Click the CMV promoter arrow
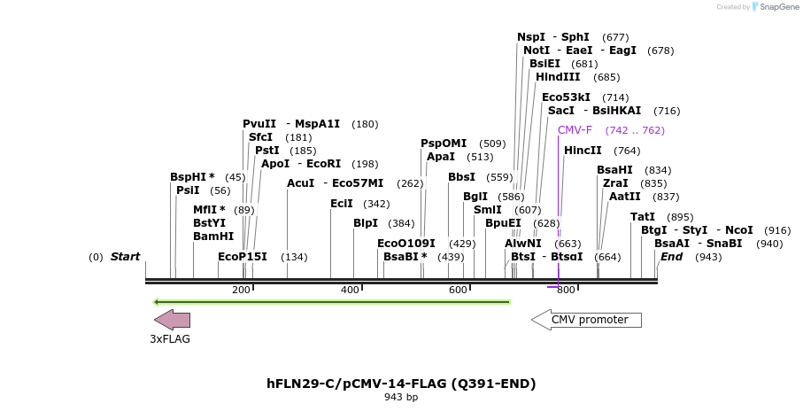pyautogui.click(x=586, y=320)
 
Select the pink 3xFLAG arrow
pyautogui.click(x=171, y=320)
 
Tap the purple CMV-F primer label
pyautogui.click(x=575, y=130)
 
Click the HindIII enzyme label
pyautogui.click(x=558, y=77)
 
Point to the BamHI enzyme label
pyautogui.click(x=213, y=237)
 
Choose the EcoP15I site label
pyautogui.click(x=243, y=257)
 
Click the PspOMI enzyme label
pyautogui.click(x=444, y=143)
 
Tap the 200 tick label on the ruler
pyautogui.click(x=241, y=290)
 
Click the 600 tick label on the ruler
pyautogui.click(x=458, y=290)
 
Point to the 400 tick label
pyautogui.click(x=350, y=290)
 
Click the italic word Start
pyautogui.click(x=125, y=257)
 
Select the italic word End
pyautogui.click(x=671, y=257)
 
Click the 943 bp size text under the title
pyautogui.click(x=401, y=397)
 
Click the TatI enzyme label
pyautogui.click(x=643, y=217)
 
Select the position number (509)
pyautogui.click(x=492, y=143)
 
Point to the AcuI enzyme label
pyautogui.click(x=301, y=183)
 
